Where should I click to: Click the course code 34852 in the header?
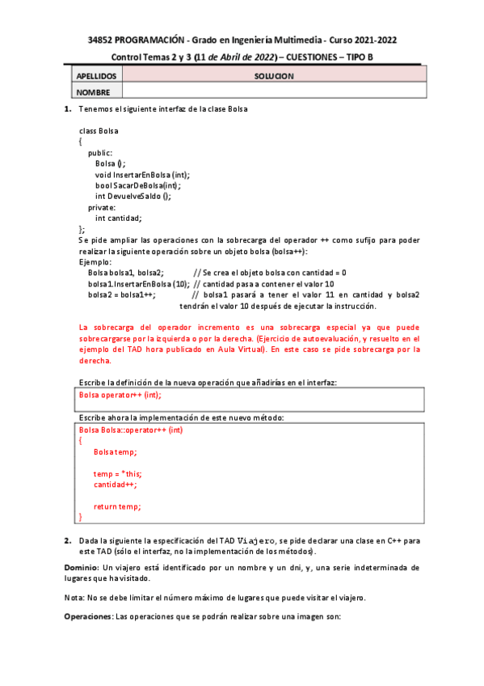coord(101,40)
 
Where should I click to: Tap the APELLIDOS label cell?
coord(97,76)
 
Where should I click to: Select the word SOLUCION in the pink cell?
coord(274,76)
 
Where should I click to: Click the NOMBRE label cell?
coord(93,92)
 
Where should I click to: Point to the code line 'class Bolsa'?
coord(99,130)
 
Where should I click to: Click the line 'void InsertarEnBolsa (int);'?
coord(142,174)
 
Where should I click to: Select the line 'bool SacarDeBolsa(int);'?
coord(137,185)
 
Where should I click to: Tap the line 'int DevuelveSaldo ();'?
coord(133,196)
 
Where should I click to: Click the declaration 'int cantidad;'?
coord(118,218)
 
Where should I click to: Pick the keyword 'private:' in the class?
coord(102,207)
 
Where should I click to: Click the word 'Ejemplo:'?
coord(95,262)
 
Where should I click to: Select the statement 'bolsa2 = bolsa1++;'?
coord(122,295)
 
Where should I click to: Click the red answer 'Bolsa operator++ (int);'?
coord(120,395)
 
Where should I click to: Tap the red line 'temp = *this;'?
coord(118,474)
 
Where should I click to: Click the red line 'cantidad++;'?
coord(115,485)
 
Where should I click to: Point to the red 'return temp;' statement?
coord(117,506)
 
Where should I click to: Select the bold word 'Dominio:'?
coord(82,568)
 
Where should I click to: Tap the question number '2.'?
coord(68,540)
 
